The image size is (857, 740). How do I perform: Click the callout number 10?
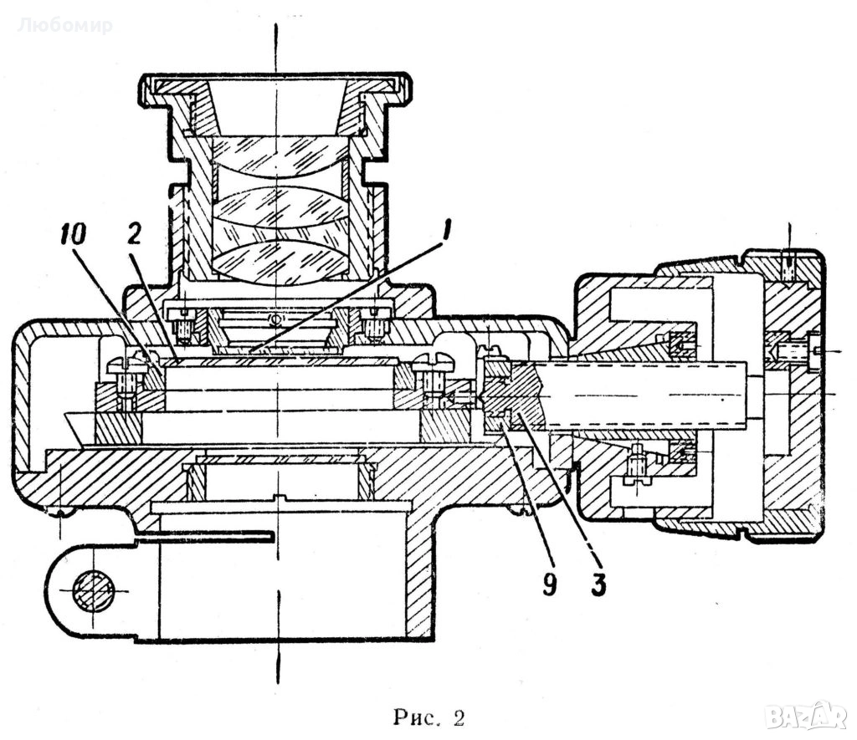tap(74, 235)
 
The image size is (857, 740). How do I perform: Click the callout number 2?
tap(134, 233)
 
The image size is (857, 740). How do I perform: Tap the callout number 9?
tap(549, 584)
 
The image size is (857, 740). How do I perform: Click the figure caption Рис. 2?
tap(428, 717)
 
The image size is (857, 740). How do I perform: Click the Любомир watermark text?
tap(64, 25)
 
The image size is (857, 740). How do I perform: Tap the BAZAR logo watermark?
tap(806, 716)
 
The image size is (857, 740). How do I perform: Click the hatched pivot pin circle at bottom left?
tap(94, 591)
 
